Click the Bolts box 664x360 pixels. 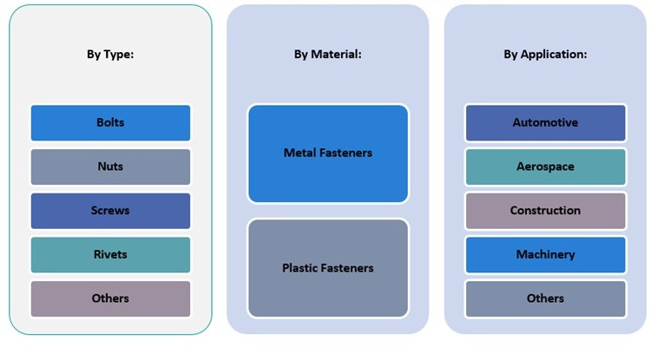110,122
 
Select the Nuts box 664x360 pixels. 110,167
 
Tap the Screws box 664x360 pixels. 110,211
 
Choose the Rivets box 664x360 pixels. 110,254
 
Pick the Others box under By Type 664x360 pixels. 110,298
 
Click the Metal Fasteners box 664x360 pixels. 327,154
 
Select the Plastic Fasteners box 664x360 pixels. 327,268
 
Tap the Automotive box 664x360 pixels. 545,122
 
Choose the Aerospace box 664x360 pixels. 545,167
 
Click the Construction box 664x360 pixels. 545,211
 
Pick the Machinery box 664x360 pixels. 545,254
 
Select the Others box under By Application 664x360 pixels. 545,298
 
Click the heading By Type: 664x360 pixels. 110,54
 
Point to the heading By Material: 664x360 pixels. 327,54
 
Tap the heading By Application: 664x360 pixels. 545,54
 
